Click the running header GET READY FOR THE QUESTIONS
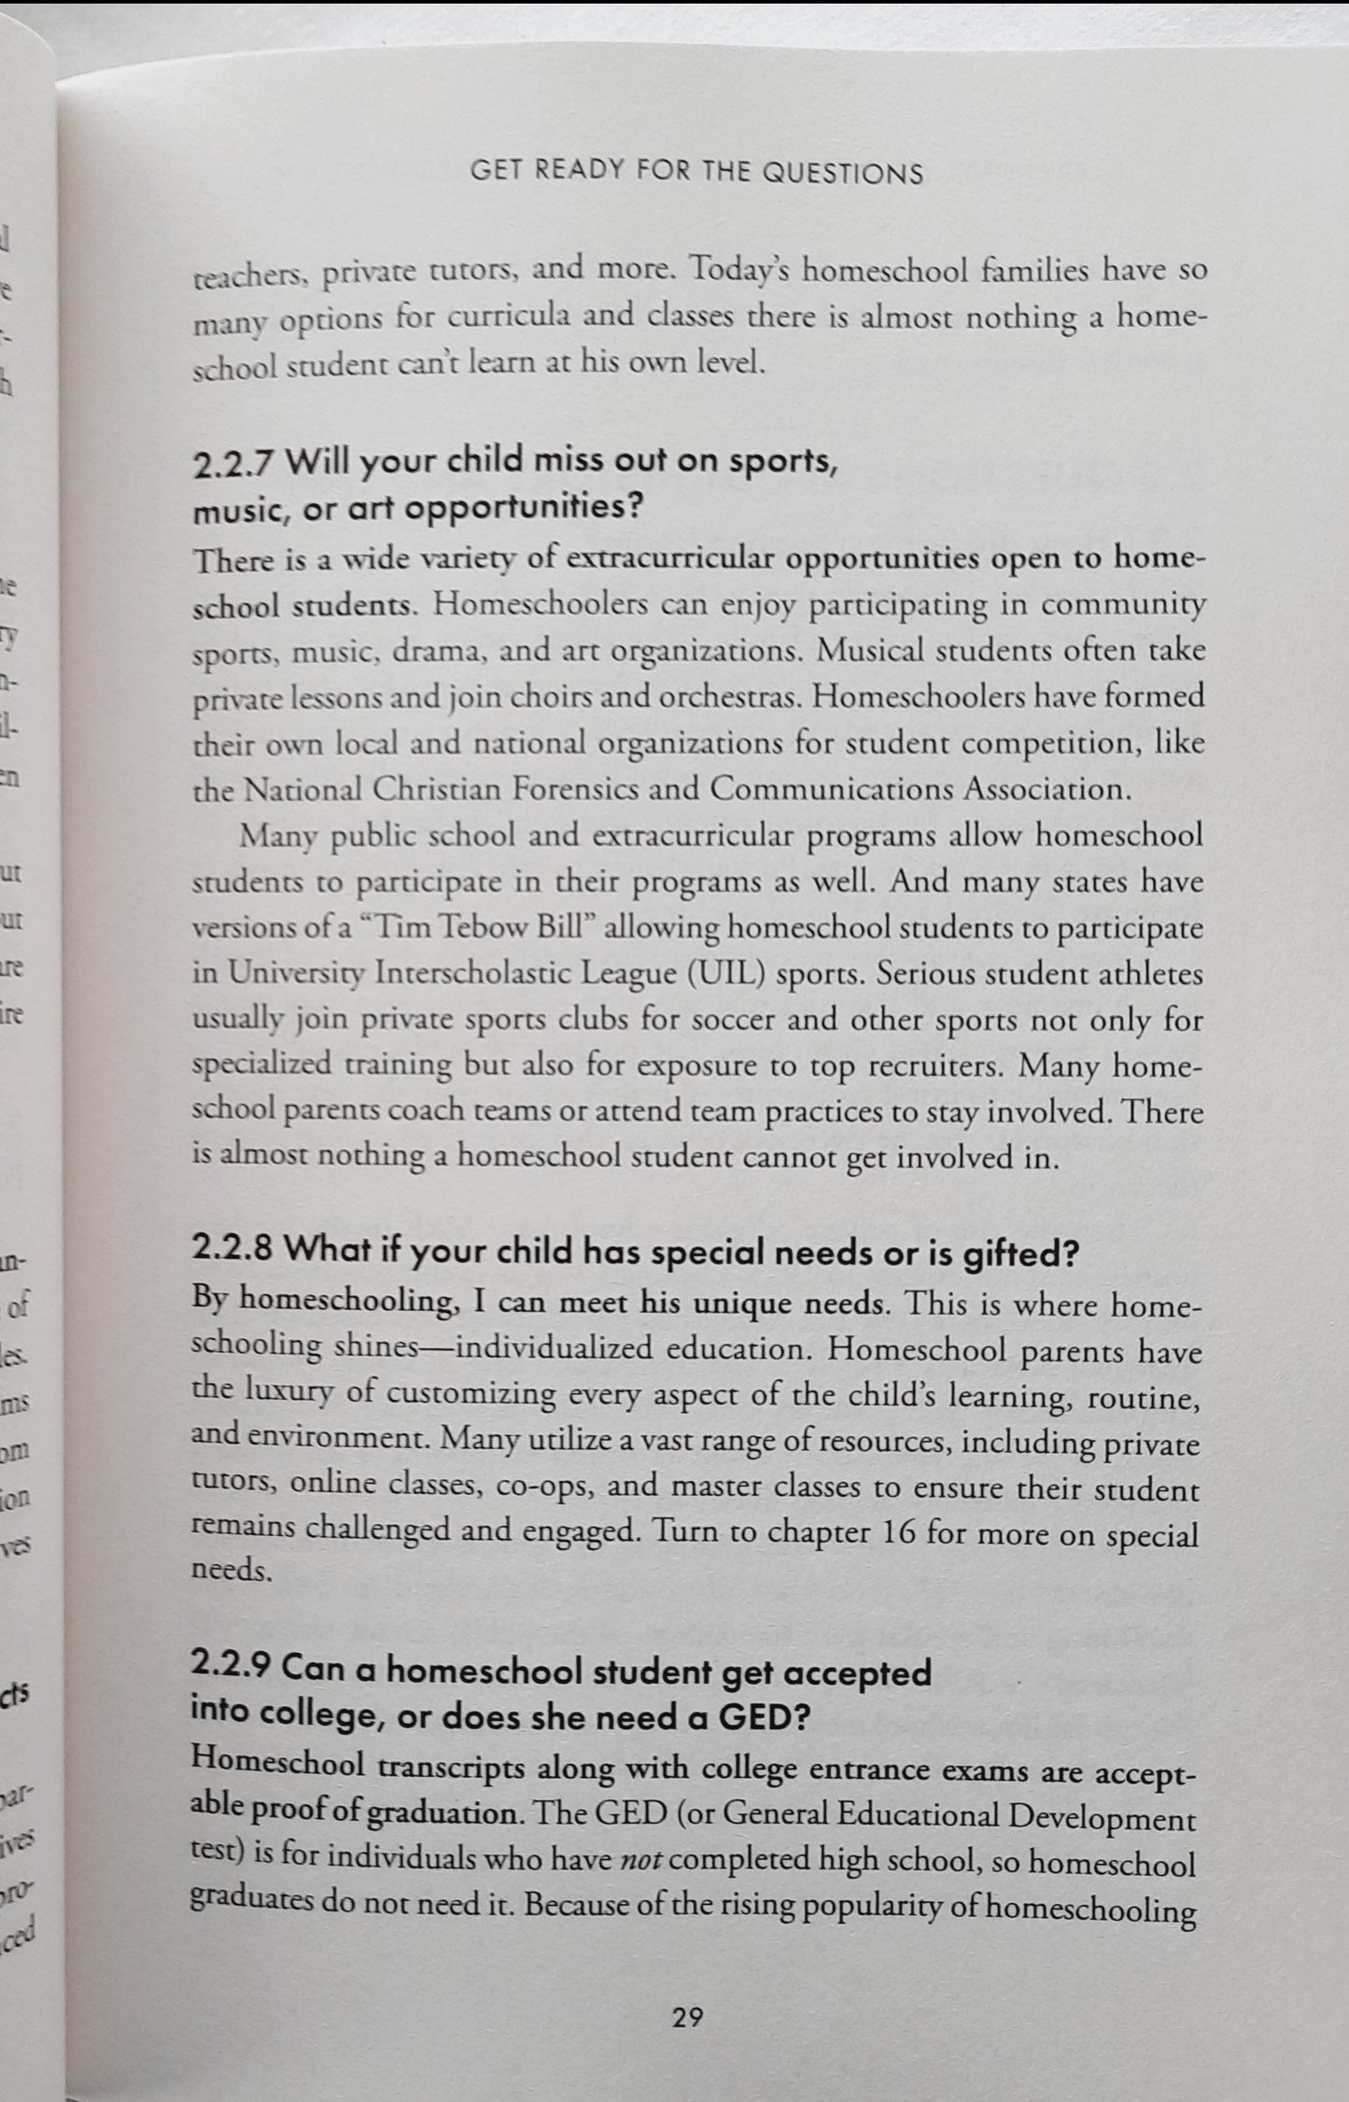pos(697,174)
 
